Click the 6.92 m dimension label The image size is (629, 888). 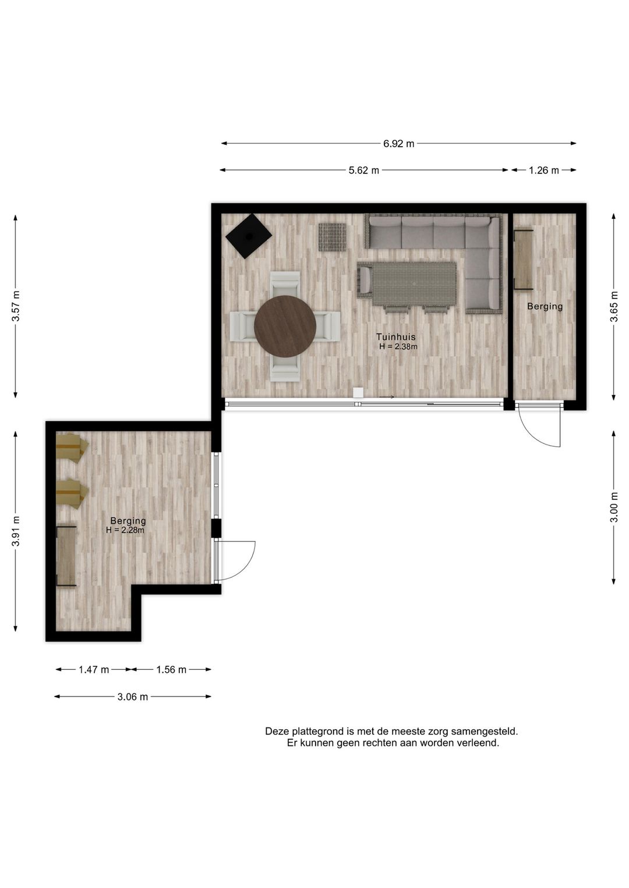point(398,144)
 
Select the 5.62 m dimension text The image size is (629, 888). point(363,171)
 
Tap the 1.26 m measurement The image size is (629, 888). point(543,171)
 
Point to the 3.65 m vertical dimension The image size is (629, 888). point(614,306)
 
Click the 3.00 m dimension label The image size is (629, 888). point(614,507)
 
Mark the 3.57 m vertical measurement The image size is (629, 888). point(16,306)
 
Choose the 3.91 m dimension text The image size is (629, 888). point(16,531)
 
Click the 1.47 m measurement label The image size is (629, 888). point(94,670)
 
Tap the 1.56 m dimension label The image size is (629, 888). point(171,670)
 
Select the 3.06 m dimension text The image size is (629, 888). point(132,697)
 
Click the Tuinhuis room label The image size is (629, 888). point(395,337)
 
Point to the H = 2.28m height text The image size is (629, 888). point(125,530)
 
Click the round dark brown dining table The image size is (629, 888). point(285,326)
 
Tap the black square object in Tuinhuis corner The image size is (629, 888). point(249,236)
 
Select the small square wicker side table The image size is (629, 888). point(332,237)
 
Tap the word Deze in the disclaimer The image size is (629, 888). point(277,731)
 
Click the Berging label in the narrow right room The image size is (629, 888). point(545,306)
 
